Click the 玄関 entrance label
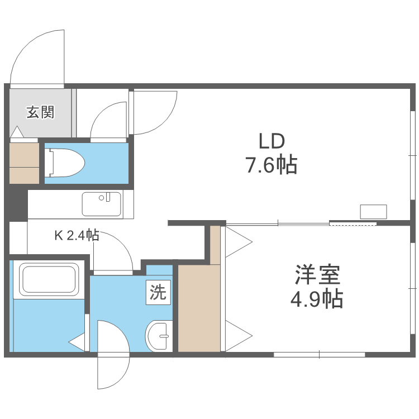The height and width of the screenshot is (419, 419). tap(41, 112)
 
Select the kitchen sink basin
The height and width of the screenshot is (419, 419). tap(102, 204)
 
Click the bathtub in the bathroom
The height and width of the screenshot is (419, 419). tap(48, 279)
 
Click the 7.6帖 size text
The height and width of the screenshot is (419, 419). tap(271, 165)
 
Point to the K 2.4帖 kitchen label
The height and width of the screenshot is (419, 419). tap(77, 235)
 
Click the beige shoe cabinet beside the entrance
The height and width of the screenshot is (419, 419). tap(24, 163)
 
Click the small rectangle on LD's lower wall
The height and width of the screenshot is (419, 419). tap(373, 212)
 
